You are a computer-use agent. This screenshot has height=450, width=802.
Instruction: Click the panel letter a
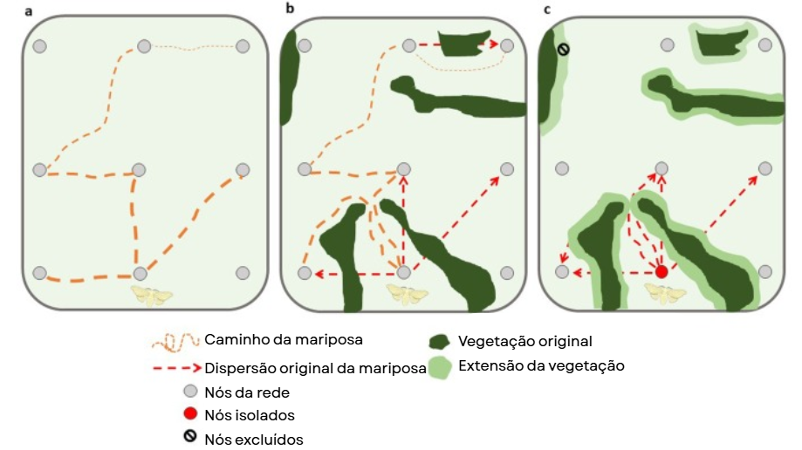[x=29, y=10]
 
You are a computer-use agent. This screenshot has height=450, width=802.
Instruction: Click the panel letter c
[x=546, y=10]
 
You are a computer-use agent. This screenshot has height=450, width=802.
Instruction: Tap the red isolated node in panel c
[x=661, y=272]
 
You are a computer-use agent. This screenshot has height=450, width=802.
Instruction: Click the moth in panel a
[x=152, y=295]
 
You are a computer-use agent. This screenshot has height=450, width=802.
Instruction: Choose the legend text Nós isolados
[x=249, y=415]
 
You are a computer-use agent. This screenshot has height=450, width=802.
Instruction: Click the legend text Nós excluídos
[x=253, y=440]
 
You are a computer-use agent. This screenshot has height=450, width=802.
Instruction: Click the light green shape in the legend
[x=442, y=367]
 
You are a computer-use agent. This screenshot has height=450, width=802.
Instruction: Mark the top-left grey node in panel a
[x=39, y=46]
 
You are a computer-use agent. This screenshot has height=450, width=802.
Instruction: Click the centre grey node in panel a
[x=140, y=169]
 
